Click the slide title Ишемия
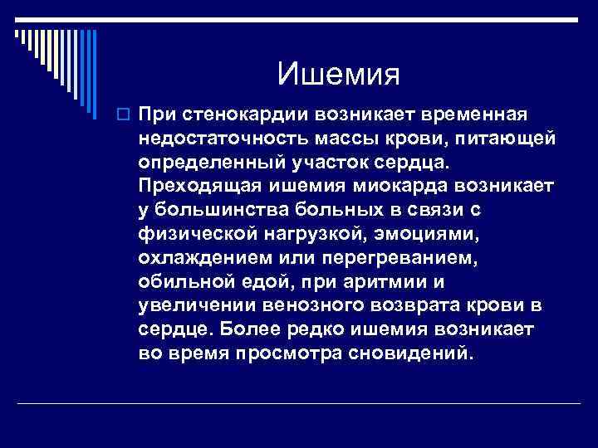point(339,75)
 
